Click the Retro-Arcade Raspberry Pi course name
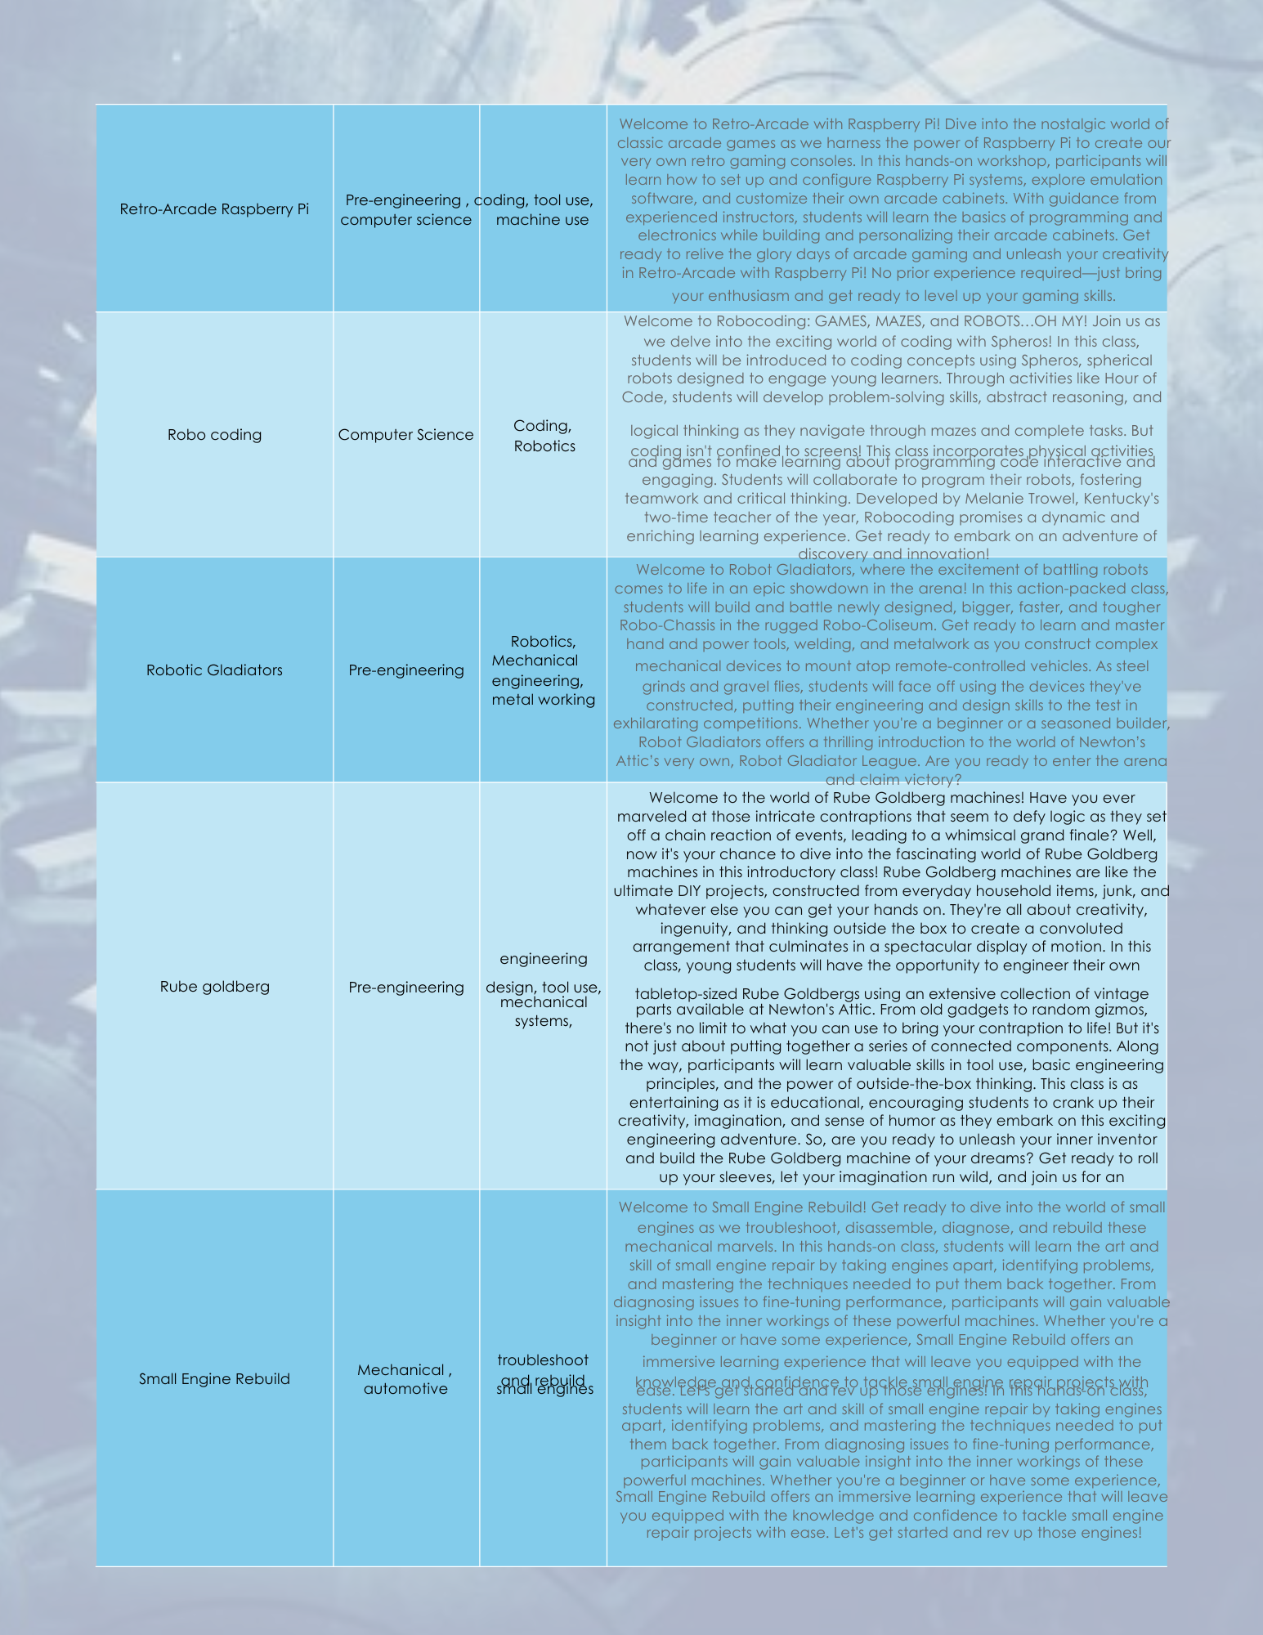(x=214, y=209)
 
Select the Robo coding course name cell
(x=214, y=435)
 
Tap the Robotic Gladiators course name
(x=214, y=670)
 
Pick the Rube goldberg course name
(x=214, y=987)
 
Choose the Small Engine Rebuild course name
(x=214, y=1379)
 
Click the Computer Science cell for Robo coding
(x=405, y=435)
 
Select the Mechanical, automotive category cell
(x=405, y=1379)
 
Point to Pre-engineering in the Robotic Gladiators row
(x=405, y=670)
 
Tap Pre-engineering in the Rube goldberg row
(x=405, y=988)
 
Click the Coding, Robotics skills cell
(x=544, y=436)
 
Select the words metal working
(x=543, y=700)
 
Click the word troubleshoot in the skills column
(x=543, y=1360)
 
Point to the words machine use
(x=542, y=220)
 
